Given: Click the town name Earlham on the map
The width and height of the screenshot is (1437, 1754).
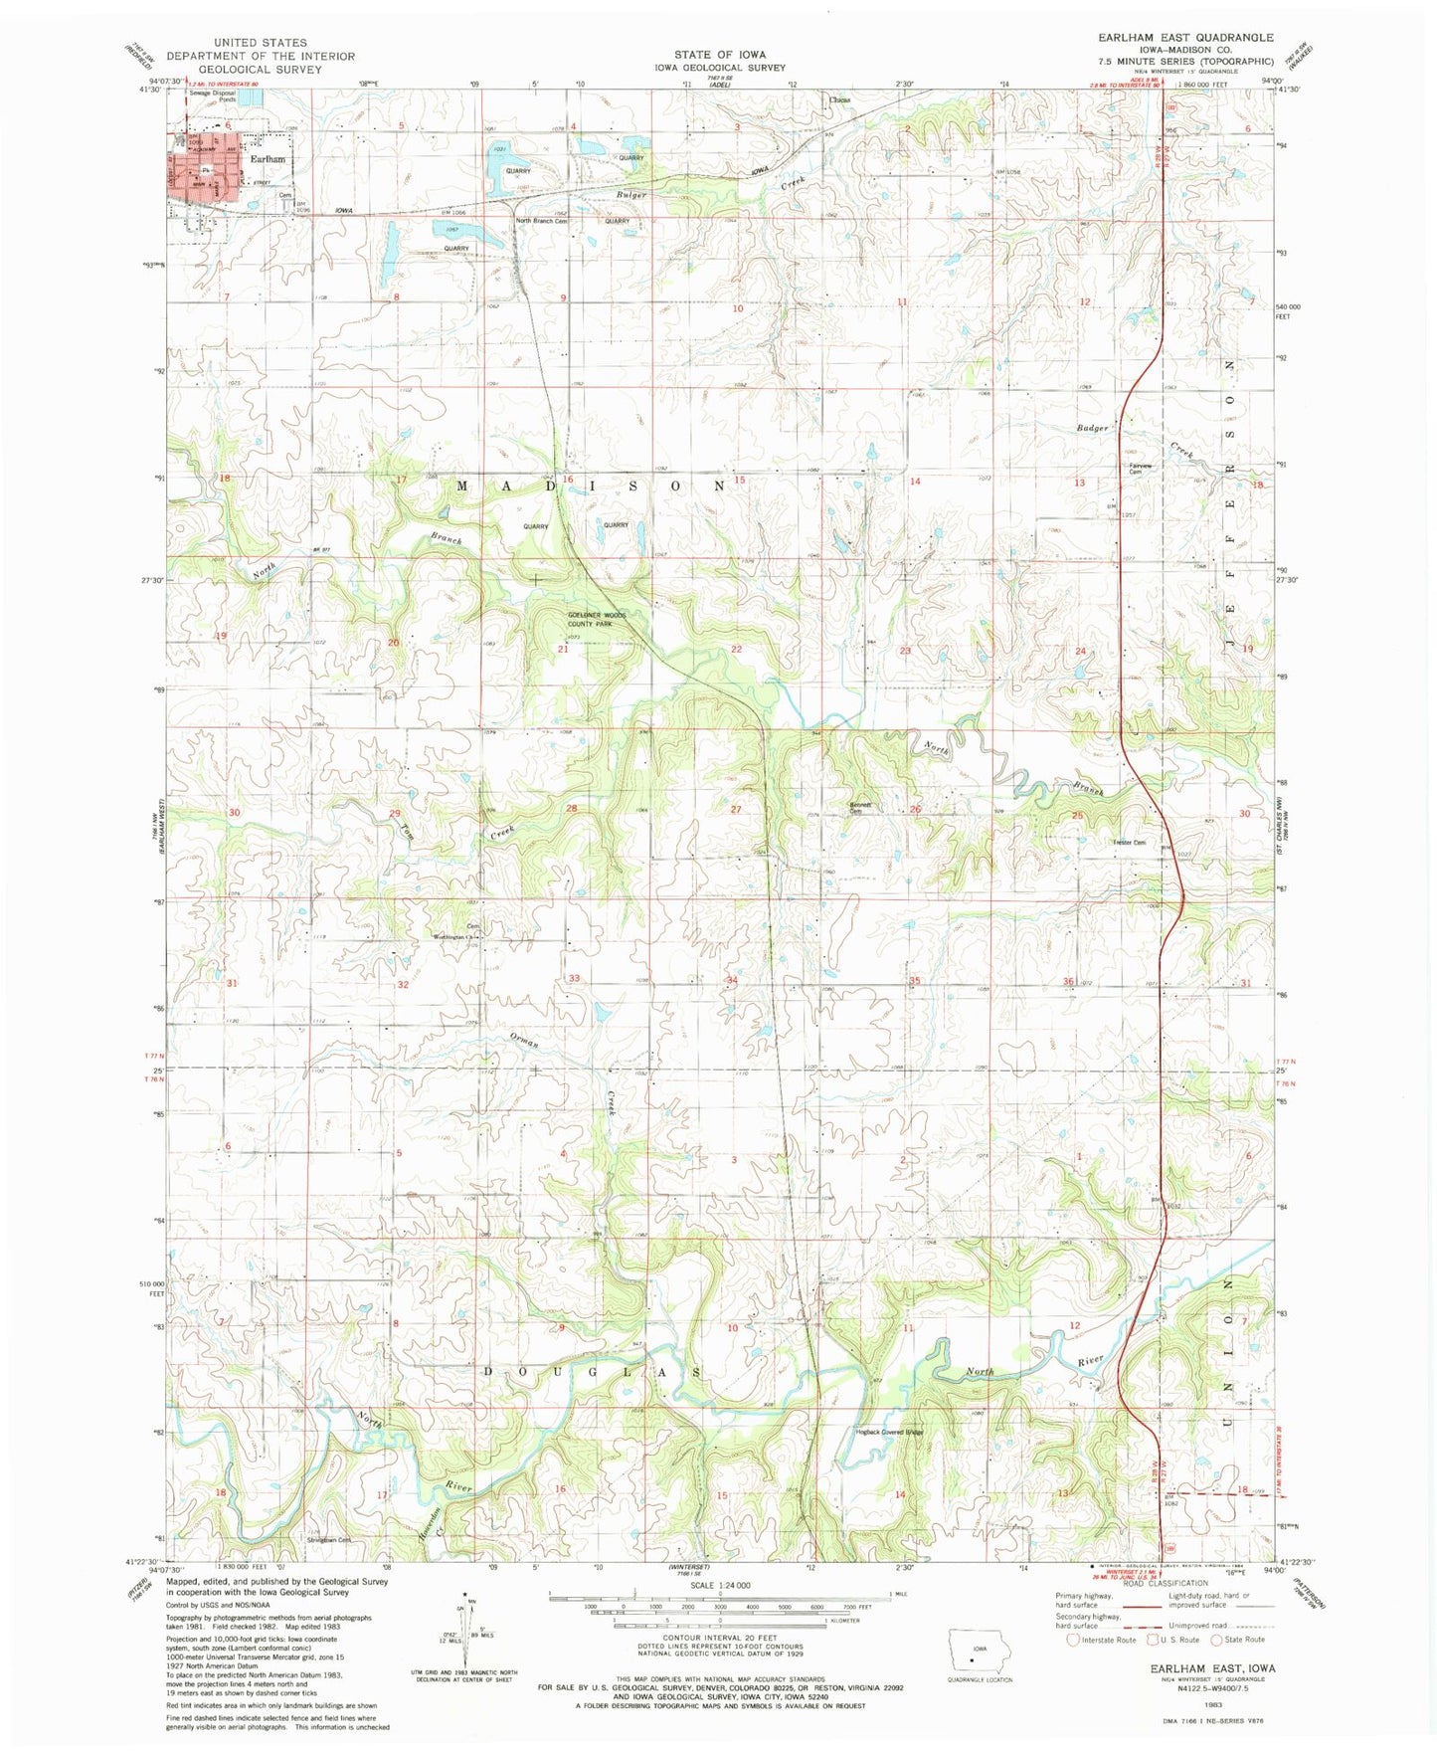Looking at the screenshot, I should tap(268, 159).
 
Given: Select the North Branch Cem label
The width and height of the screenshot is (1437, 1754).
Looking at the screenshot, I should tap(542, 221).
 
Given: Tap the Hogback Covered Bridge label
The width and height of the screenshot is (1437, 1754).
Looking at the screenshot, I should tap(890, 1433).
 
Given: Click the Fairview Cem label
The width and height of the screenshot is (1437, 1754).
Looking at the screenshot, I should tap(1141, 469).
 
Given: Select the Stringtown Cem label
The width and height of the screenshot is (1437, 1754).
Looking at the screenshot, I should tap(331, 1540).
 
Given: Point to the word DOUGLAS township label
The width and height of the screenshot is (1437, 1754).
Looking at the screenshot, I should tap(592, 1371).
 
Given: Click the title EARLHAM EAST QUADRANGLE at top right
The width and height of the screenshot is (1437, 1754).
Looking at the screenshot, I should tap(1184, 37).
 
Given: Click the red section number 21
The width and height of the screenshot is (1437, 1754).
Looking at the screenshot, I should tap(563, 650).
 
